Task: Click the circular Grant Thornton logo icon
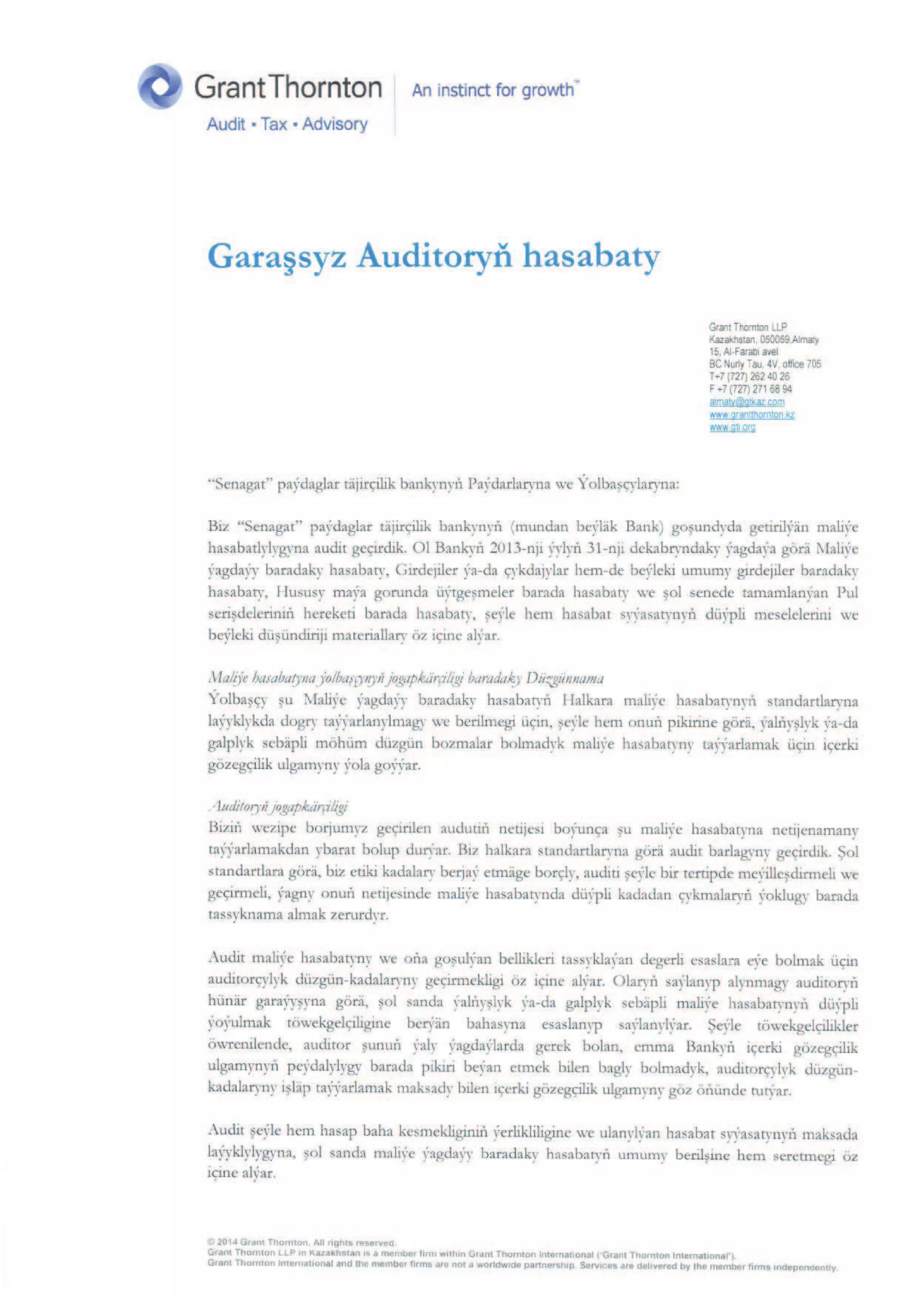point(160,86)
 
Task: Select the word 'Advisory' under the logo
point(334,124)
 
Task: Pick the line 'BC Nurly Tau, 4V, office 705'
point(764,364)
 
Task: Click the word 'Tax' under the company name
point(274,124)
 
